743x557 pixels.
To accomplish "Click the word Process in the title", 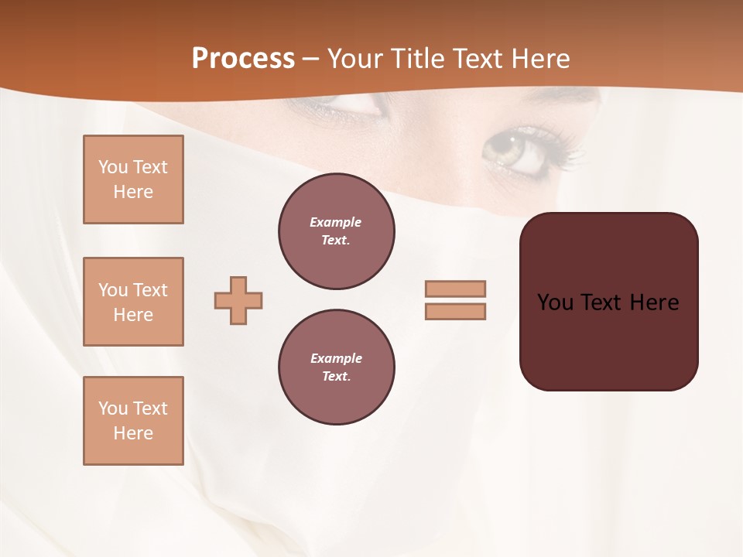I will (x=243, y=59).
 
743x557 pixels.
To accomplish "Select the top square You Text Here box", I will (x=133, y=179).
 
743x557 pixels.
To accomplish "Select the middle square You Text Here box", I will (x=133, y=302).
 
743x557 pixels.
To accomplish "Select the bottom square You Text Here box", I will (x=133, y=421).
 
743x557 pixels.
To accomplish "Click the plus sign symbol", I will (x=238, y=300).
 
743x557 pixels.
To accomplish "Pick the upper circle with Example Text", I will (x=337, y=231).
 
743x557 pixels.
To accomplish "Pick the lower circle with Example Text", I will (x=337, y=367).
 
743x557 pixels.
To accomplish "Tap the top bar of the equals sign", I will (x=455, y=289).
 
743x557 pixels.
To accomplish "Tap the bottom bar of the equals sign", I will (x=455, y=311).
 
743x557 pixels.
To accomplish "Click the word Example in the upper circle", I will (x=336, y=222).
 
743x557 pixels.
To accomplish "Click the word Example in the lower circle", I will (x=336, y=358).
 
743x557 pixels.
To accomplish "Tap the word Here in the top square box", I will (x=133, y=192).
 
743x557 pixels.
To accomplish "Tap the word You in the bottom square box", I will (x=113, y=408).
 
